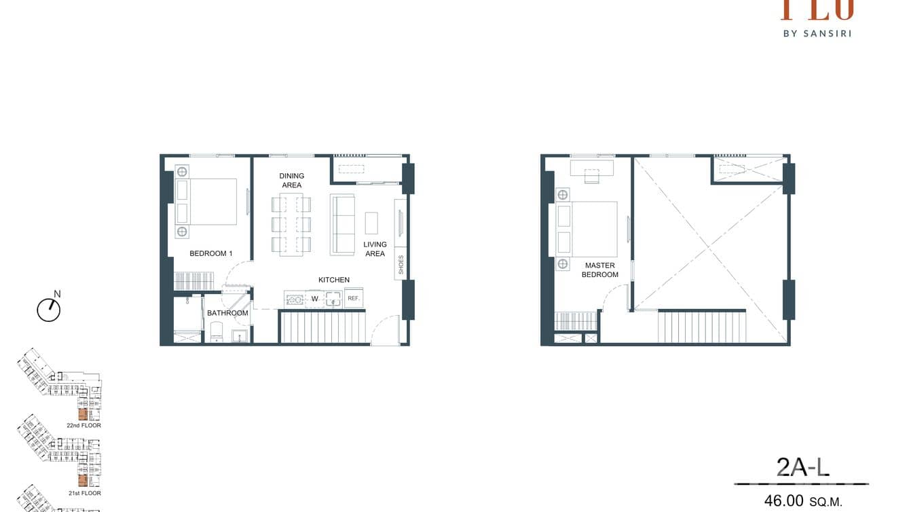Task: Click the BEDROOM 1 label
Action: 210,253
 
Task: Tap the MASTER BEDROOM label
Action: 599,270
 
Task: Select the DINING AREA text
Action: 291,180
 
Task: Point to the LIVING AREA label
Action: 374,249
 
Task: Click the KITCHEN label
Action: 334,280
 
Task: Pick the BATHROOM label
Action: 227,313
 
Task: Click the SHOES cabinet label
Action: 401,264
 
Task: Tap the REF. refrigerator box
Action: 353,298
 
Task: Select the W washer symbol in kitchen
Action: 315,299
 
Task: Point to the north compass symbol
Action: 49,310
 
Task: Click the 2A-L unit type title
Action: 803,467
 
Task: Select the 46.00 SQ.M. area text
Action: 803,501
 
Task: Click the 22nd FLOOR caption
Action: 83,426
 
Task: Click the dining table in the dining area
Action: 291,225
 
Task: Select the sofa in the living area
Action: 343,225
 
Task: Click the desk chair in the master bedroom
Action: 592,177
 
